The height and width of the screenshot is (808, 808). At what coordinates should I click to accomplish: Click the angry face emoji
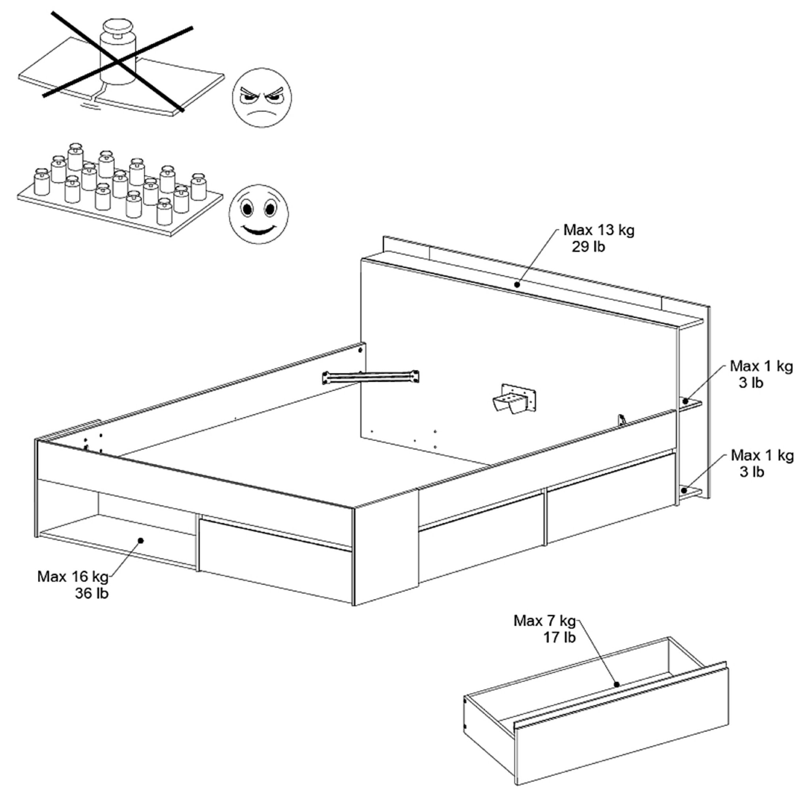262,98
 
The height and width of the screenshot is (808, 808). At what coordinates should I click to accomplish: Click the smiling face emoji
258,214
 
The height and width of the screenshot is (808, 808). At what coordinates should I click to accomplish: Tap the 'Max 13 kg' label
599,230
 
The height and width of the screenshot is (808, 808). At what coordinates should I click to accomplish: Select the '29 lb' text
588,247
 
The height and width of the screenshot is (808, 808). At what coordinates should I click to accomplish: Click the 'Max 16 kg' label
73,577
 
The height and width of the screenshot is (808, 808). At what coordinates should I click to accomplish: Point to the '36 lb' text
92,593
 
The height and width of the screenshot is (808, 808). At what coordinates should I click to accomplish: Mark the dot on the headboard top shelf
517,284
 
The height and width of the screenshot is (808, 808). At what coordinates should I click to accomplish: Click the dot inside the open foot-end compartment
140,541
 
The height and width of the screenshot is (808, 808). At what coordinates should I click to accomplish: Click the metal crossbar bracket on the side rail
370,377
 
